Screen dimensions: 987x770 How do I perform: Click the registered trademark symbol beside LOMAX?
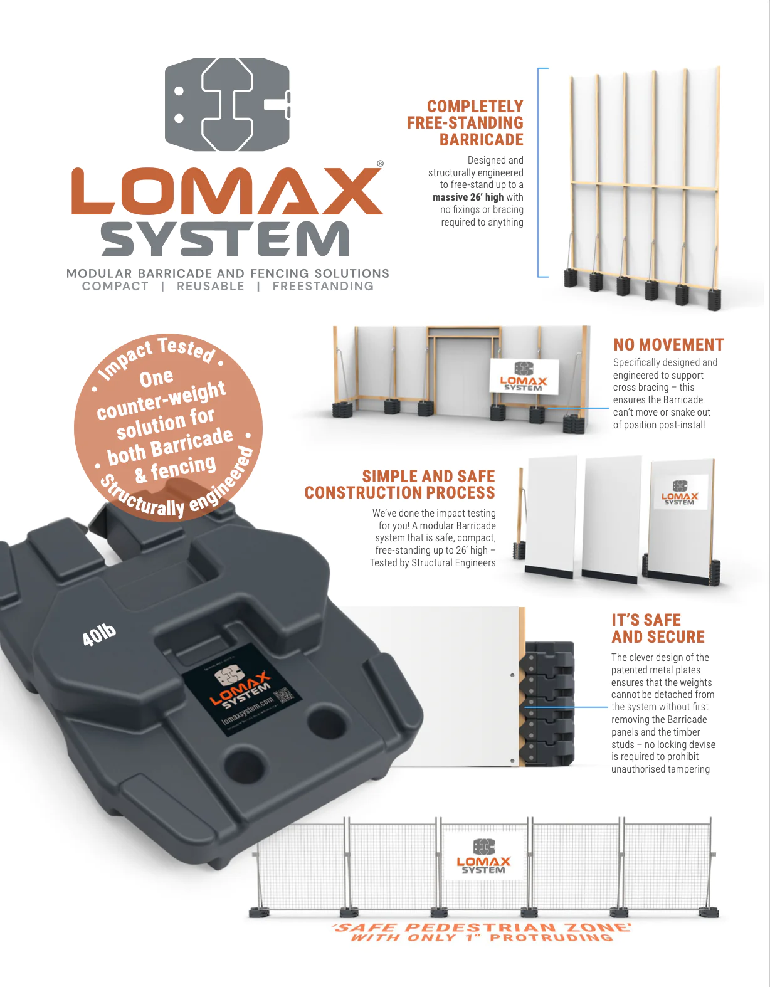pyautogui.click(x=380, y=164)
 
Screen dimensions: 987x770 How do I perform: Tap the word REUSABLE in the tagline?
pyautogui.click(x=211, y=287)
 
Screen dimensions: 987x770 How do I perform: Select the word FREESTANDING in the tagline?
pyautogui.click(x=323, y=287)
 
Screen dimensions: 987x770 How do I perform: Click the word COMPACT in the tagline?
pyautogui.click(x=115, y=287)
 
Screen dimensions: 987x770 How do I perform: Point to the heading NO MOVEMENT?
pyautogui.click(x=668, y=345)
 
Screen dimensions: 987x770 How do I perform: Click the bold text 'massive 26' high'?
pyautogui.click(x=468, y=197)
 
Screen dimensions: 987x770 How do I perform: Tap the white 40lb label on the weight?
pyautogui.click(x=99, y=635)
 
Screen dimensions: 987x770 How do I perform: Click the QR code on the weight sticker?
pyautogui.click(x=283, y=695)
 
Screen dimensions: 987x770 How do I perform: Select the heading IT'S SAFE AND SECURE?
pyautogui.click(x=658, y=628)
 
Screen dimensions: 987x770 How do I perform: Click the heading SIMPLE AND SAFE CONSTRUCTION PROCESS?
pyautogui.click(x=400, y=485)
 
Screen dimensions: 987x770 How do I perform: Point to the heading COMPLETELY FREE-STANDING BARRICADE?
pyautogui.click(x=465, y=123)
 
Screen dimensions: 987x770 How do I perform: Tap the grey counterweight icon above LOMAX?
pyautogui.click(x=227, y=105)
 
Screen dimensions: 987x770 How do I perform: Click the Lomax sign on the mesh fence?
pyautogui.click(x=483, y=856)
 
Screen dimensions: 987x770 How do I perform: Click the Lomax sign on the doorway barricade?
pyautogui.click(x=524, y=376)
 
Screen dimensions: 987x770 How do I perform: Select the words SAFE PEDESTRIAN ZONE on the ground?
pyautogui.click(x=482, y=927)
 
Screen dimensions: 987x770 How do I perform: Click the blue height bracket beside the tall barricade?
pyautogui.click(x=539, y=172)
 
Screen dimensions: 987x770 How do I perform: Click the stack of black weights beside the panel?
pyautogui.click(x=549, y=704)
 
